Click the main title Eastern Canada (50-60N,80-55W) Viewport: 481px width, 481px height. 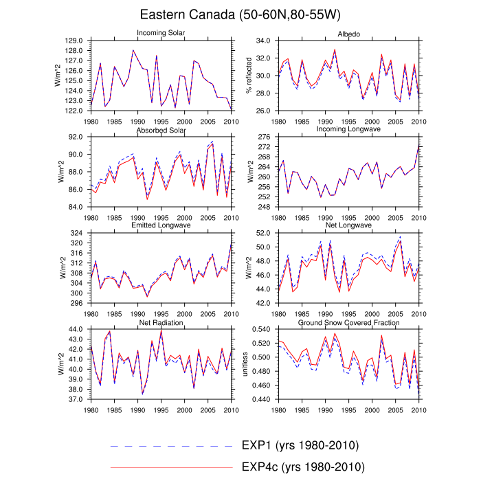240,14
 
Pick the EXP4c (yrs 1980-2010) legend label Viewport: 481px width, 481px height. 303,467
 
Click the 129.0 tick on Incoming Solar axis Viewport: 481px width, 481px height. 74,41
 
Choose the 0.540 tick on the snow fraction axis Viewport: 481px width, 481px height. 261,329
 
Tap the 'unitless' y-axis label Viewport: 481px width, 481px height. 244,364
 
